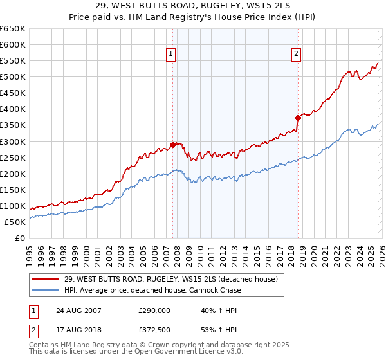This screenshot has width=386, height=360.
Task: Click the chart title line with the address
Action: (192, 5)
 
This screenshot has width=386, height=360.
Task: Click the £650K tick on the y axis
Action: (13, 29)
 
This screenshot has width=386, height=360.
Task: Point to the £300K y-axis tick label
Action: (13, 141)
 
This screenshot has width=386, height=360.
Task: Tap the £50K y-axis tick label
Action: (15, 222)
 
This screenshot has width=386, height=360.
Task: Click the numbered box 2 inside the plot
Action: (297, 55)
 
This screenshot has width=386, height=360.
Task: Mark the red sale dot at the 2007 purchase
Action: (172, 145)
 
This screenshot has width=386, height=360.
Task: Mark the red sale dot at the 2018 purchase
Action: (298, 118)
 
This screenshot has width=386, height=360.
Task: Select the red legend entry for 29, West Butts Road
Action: (170, 279)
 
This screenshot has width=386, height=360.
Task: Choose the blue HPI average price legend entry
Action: (152, 290)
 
